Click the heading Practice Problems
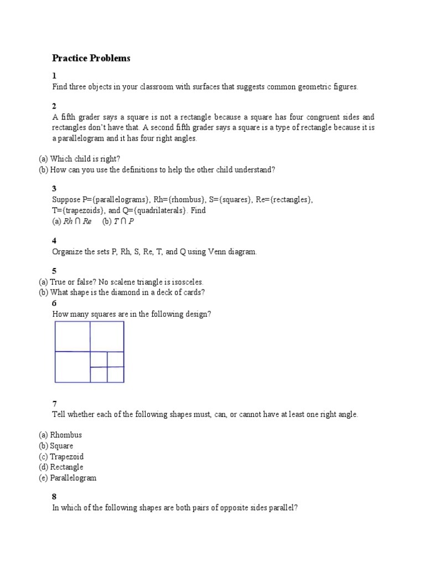pyautogui.click(x=91, y=58)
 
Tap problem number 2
pyautogui.click(x=54, y=106)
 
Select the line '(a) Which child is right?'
pyautogui.click(x=79, y=158)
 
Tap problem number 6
pyautogui.click(x=54, y=303)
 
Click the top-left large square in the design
pyautogui.click(x=72, y=336)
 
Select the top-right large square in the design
pyautogui.click(x=107, y=336)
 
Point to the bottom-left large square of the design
pyautogui.click(x=72, y=367)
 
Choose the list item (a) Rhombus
pyautogui.click(x=60, y=435)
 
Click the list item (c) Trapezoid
pyautogui.click(x=61, y=457)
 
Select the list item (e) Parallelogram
pyautogui.click(x=68, y=478)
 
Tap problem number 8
pyautogui.click(x=54, y=496)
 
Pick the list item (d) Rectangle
pyautogui.click(x=61, y=467)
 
